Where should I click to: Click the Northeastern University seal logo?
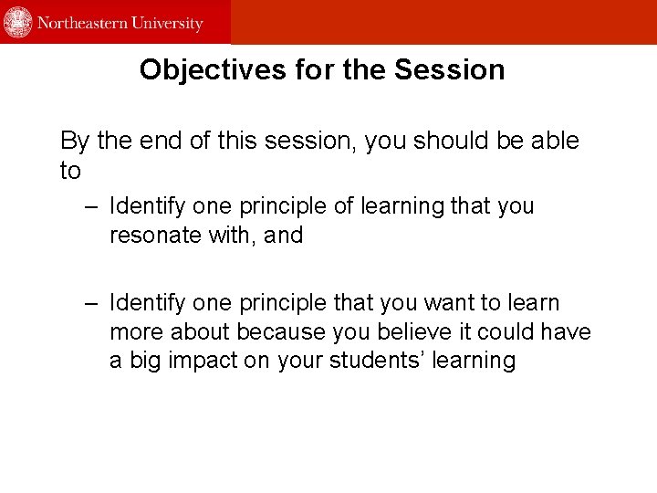coord(18,22)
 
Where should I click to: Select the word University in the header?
coord(169,23)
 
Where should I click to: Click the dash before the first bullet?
coord(89,206)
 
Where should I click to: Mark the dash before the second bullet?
coord(89,303)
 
